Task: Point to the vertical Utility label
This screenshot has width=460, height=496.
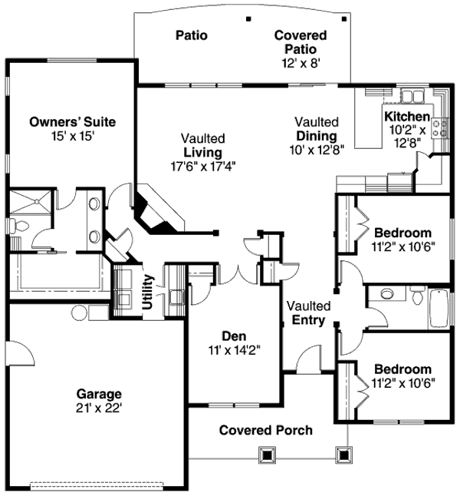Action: point(147,291)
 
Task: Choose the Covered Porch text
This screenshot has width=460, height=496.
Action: point(266,430)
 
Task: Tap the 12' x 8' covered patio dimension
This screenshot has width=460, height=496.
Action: point(300,64)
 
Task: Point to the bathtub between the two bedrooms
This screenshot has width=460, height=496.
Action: point(439,306)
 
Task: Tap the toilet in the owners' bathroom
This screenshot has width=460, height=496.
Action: point(19,227)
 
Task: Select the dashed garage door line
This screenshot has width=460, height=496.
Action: point(97,484)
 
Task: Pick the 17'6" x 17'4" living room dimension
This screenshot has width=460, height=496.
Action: point(203,166)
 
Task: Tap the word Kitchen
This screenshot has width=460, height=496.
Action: point(406,117)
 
